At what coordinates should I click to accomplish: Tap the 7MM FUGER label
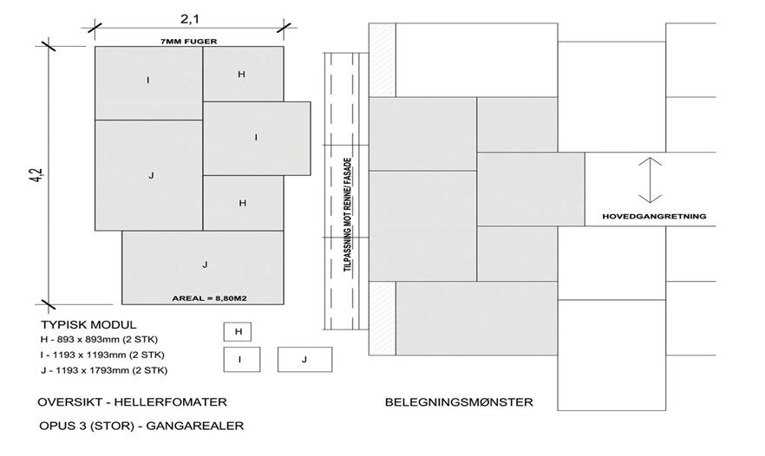pos(189,40)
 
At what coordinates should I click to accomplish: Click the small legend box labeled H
pos(237,331)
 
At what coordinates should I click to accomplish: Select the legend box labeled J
pos(304,358)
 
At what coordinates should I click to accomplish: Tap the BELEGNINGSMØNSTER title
pos(459,402)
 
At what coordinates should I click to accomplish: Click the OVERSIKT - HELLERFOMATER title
pos(132,402)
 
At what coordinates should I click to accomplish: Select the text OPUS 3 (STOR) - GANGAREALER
pos(141,426)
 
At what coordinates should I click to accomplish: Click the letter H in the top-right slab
pos(242,75)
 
